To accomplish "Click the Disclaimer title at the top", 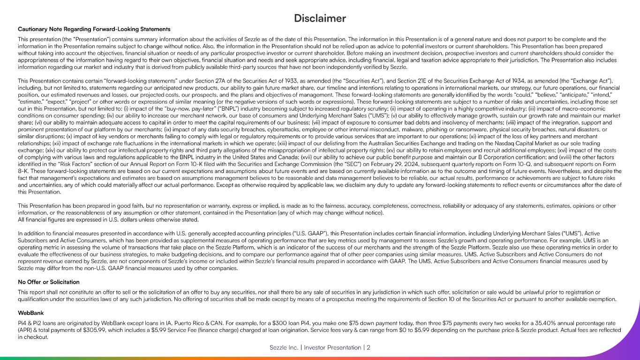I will (320, 18).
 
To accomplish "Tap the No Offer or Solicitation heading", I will (49, 282).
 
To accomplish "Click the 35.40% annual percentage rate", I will (531, 323).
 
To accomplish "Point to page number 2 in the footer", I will (369, 347).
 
